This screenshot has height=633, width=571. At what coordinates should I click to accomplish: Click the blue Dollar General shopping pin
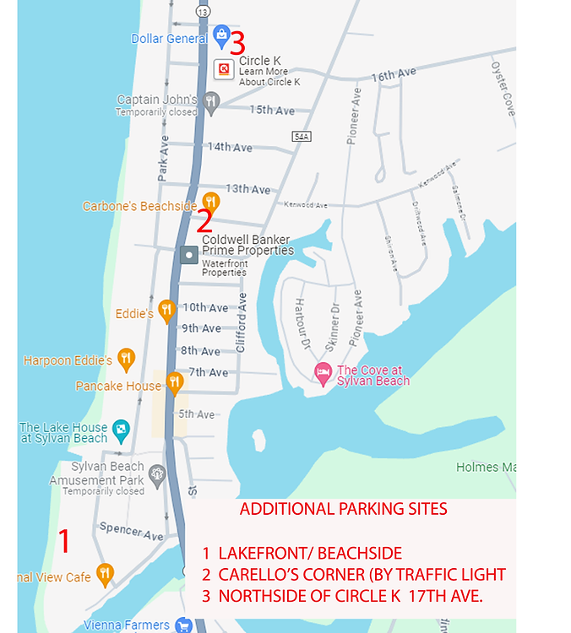click(x=221, y=35)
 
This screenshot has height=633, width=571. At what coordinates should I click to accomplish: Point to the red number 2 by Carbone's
click(x=204, y=221)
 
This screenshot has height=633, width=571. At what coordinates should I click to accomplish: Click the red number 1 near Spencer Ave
click(x=63, y=541)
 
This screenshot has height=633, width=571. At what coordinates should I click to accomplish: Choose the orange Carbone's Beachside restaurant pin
click(x=211, y=202)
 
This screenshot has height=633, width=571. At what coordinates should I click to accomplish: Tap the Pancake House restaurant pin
click(x=175, y=382)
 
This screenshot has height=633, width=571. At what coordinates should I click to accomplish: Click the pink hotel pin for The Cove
click(x=323, y=372)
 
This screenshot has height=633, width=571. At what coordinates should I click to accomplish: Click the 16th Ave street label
click(x=394, y=75)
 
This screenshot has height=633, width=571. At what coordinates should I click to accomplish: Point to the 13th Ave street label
click(x=247, y=189)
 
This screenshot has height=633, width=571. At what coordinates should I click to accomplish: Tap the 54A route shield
click(x=302, y=136)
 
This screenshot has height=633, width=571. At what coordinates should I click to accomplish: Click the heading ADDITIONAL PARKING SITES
click(x=343, y=509)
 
